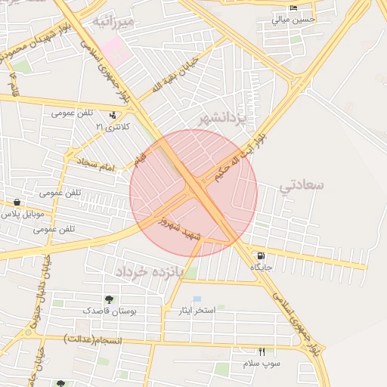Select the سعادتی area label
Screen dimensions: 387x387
(302, 184)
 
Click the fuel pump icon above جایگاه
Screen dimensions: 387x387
(261, 256)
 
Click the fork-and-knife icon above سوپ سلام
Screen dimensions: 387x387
(262, 351)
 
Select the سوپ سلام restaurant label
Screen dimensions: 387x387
(262, 364)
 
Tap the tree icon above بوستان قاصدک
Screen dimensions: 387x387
(110, 299)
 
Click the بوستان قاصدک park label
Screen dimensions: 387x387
(110, 311)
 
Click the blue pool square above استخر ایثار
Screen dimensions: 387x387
(197, 299)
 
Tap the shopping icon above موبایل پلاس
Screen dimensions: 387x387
(17, 203)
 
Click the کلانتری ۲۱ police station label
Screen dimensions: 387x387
(113, 127)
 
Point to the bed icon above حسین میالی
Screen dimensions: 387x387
(293, 8)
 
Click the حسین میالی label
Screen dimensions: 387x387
(291, 20)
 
